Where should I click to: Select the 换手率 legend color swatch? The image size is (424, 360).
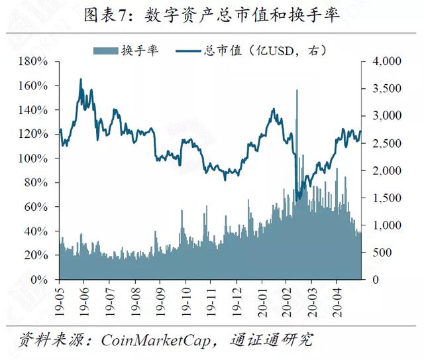[106, 50]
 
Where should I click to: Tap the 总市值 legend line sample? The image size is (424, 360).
[188, 50]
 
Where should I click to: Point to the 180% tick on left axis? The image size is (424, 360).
[33, 62]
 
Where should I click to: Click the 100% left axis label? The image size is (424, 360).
[33, 158]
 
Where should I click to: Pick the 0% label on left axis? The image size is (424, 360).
[40, 279]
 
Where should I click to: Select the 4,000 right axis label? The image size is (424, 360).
[387, 61]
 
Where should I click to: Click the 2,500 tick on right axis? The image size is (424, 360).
[387, 143]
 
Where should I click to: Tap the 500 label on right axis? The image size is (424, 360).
[382, 253]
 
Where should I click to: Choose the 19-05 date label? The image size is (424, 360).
[59, 302]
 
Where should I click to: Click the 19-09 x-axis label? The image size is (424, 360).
[160, 302]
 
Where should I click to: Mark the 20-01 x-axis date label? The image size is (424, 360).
[262, 302]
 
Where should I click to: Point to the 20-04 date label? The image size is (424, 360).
[337, 302]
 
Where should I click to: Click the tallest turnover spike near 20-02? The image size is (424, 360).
[297, 90]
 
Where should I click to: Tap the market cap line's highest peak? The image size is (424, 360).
[81, 80]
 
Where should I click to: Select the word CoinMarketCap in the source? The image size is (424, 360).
[156, 340]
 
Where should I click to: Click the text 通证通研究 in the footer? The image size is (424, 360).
[272, 339]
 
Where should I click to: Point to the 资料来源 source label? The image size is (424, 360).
[51, 339]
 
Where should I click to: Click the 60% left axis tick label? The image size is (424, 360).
[36, 207]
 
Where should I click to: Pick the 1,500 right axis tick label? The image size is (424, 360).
[387, 198]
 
